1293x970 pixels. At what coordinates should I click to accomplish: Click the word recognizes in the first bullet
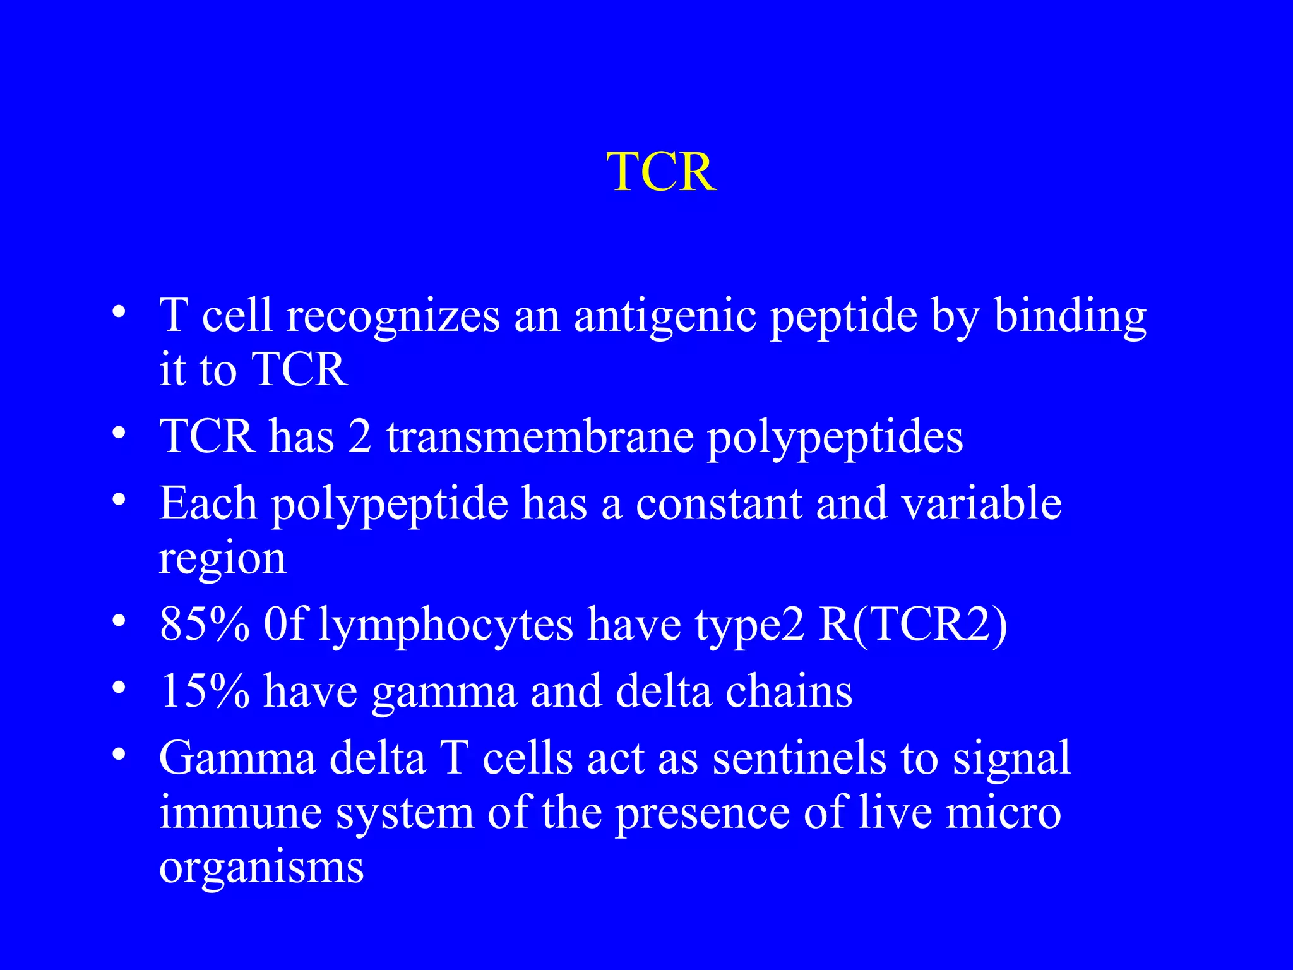393,317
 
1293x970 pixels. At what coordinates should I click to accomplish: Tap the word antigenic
665,317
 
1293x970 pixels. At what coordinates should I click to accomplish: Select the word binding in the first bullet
1070,317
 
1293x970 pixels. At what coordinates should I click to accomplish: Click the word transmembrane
540,437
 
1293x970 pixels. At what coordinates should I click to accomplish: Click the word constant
718,504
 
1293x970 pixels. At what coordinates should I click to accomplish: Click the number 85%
205,625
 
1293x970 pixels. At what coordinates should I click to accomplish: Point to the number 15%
205,691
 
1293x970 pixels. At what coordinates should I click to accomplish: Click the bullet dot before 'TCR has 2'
119,434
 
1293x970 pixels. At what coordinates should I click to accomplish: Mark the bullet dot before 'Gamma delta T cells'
119,755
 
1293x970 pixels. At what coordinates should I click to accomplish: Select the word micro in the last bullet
1003,813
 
